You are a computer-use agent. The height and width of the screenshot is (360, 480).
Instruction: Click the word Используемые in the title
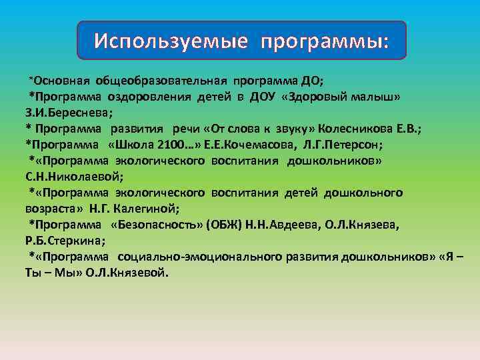[171, 41]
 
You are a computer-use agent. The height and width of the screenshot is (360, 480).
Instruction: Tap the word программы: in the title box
[325, 41]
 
